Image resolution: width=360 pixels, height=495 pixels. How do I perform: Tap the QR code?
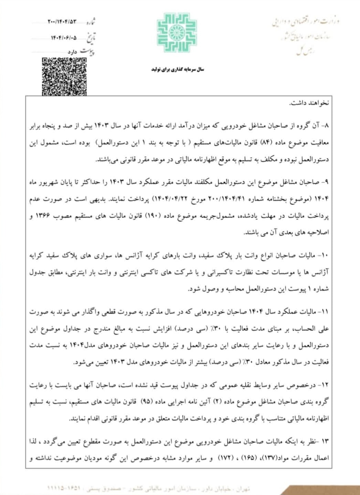(64, 76)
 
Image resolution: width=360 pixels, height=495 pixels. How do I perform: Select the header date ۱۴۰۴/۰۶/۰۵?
(64, 37)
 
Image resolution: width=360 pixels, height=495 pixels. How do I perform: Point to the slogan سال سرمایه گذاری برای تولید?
(178, 69)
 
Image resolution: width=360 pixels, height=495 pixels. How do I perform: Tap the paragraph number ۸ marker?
(325, 126)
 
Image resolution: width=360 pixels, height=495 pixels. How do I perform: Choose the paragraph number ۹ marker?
(325, 181)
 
